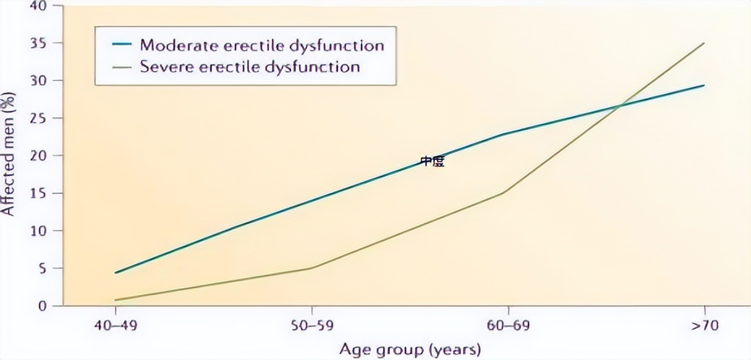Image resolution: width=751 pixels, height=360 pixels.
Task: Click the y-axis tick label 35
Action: click(x=38, y=44)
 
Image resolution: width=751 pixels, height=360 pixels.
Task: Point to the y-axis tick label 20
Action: click(x=38, y=156)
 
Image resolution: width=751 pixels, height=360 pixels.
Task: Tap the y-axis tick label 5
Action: click(x=42, y=269)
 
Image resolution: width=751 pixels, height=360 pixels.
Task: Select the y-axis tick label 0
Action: click(x=42, y=306)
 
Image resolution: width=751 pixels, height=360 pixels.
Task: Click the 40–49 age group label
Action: click(x=116, y=325)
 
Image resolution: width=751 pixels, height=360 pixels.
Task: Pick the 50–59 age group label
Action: click(x=312, y=325)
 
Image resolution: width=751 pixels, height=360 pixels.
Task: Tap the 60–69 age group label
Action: click(x=508, y=325)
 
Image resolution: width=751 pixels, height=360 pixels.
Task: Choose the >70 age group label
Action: click(x=705, y=325)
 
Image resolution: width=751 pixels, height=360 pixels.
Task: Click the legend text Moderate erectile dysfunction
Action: click(x=262, y=45)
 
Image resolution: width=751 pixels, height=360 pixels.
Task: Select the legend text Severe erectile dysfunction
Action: click(x=250, y=67)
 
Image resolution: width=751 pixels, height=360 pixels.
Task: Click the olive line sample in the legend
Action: click(x=122, y=67)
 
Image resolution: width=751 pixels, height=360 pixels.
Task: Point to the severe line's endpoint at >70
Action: click(x=704, y=43)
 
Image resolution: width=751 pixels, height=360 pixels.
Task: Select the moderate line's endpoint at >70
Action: click(x=704, y=86)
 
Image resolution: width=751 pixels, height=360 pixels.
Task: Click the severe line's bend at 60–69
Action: click(x=505, y=192)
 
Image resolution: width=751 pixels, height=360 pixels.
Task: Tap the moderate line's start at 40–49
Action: click(x=116, y=273)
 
